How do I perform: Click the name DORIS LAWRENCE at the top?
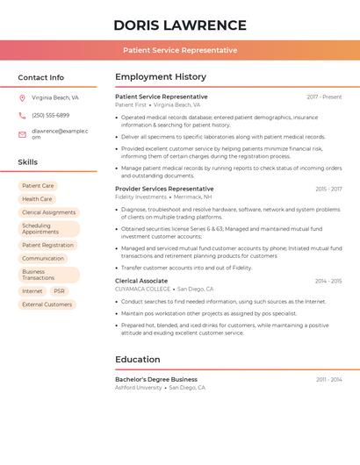[x=180, y=25]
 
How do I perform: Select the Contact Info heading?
[x=41, y=77]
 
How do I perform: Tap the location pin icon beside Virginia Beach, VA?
[x=22, y=97]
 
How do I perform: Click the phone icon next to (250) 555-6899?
[x=22, y=115]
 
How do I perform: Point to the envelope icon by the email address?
[x=22, y=134]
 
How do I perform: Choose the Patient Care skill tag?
[x=38, y=186]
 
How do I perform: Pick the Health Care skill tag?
[x=37, y=199]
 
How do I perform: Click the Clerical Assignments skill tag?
[x=48, y=212]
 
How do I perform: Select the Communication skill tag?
[x=43, y=259]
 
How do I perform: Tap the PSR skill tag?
[x=59, y=291]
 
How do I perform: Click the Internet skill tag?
[x=32, y=291]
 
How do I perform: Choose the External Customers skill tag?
[x=47, y=304]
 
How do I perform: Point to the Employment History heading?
[x=161, y=77]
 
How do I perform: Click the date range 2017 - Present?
[x=324, y=97]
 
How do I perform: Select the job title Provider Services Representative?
[x=164, y=189]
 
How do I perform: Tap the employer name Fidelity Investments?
[x=140, y=197]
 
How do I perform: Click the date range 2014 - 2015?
[x=328, y=281]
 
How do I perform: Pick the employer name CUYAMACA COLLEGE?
[x=142, y=290]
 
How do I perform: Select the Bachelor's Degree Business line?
[x=156, y=379]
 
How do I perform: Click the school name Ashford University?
[x=139, y=388]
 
